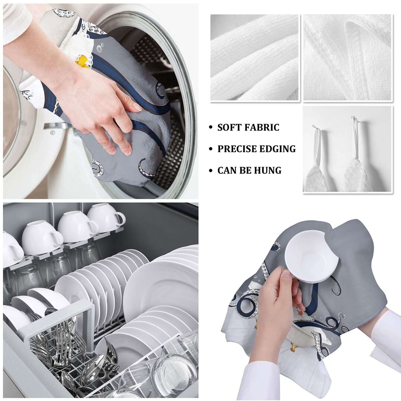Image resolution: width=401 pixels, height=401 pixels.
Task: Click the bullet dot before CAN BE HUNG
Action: [211, 171]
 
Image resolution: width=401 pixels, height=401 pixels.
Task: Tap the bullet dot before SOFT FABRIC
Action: [211, 128]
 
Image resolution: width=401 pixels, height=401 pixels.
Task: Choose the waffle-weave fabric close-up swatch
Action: [347, 57]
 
